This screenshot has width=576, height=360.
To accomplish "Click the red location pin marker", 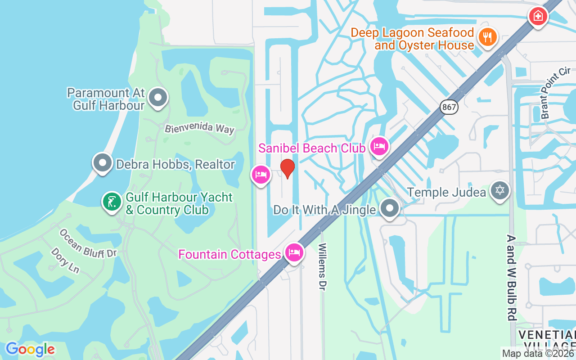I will [x=287, y=168].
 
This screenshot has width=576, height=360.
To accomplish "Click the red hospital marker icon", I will [x=538, y=17].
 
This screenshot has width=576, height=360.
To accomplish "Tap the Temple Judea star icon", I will [x=499, y=191].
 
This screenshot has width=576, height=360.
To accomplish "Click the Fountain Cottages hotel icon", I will [x=294, y=252].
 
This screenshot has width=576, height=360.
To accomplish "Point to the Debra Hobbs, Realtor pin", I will [x=102, y=162].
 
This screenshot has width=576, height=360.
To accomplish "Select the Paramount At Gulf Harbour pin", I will [x=158, y=98].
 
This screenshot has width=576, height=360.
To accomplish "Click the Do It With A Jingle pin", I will [x=389, y=208].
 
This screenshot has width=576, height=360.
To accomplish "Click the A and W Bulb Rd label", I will [x=511, y=277].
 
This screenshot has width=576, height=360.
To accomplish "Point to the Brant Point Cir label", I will [x=556, y=93].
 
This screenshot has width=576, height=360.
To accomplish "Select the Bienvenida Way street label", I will [x=199, y=128].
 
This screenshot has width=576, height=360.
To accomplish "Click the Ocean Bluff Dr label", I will [x=88, y=243].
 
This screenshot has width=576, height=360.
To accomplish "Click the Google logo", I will [x=30, y=349].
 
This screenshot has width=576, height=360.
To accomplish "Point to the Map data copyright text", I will [x=538, y=354].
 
